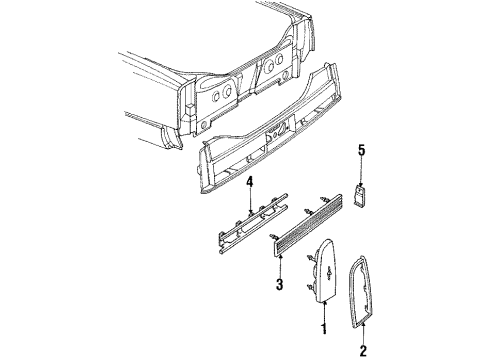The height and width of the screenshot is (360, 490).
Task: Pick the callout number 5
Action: [x=362, y=151]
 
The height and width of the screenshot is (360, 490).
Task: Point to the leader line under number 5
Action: [x=362, y=170]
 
